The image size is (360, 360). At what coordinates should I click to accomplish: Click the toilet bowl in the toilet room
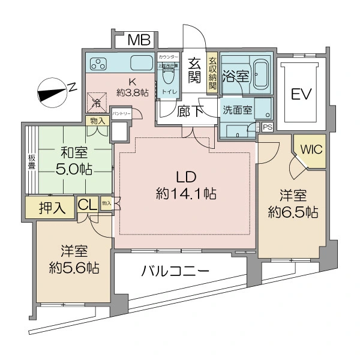tap(167, 76)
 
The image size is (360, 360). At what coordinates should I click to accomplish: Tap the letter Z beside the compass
tap(73, 88)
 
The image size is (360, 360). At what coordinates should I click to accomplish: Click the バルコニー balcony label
tap(175, 271)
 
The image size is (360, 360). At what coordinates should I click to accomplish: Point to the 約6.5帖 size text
tap(293, 212)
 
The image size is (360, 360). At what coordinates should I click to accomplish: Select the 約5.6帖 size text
tap(73, 267)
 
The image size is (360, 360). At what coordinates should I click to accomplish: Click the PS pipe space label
tap(267, 127)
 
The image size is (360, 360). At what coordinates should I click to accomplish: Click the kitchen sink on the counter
tap(141, 62)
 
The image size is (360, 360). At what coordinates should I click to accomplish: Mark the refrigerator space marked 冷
tap(97, 101)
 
